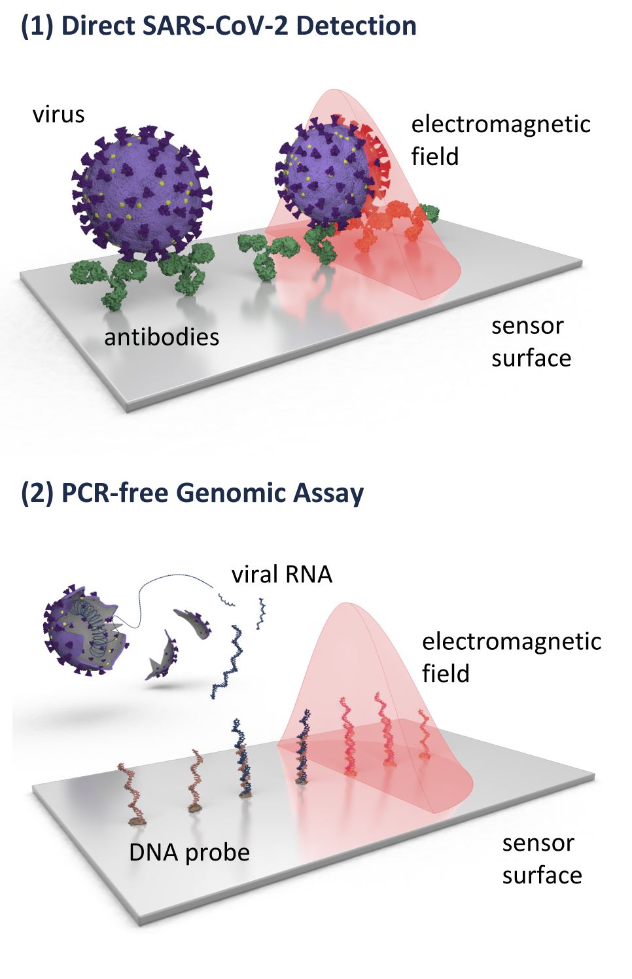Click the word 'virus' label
(x=59, y=115)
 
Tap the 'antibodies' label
(x=162, y=338)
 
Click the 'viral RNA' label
(x=282, y=575)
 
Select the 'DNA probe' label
(x=189, y=854)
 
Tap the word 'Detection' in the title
(x=356, y=26)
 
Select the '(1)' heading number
(x=37, y=26)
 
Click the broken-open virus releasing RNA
(x=86, y=630)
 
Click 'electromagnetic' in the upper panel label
(x=501, y=124)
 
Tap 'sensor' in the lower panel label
(x=538, y=844)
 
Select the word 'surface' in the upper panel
(x=531, y=359)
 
